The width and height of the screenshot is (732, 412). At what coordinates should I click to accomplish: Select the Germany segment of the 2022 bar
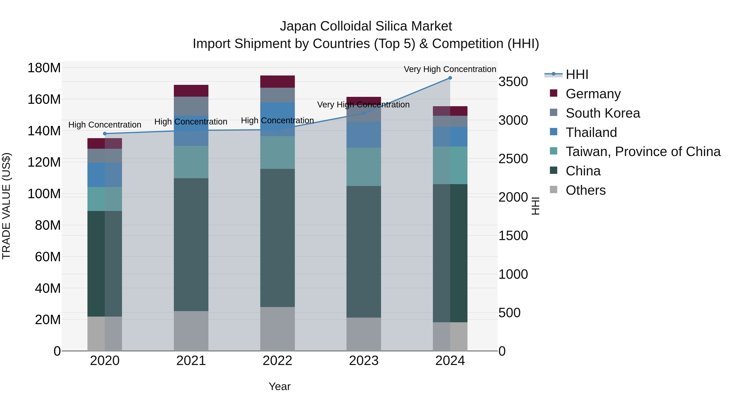pos(277,82)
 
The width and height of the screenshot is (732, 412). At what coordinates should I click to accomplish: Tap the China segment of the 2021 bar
pos(191,245)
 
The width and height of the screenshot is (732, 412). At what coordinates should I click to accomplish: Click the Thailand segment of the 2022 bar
pos(277,119)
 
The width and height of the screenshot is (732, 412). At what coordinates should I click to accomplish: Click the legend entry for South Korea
pos(602,113)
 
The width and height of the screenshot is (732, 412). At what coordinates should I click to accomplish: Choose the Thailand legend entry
pos(591,132)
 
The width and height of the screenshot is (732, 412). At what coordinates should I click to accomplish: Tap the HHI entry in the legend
pos(577,74)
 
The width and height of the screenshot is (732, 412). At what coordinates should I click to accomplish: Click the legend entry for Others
pos(585,190)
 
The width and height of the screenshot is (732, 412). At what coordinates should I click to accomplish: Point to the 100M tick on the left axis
pos(44,194)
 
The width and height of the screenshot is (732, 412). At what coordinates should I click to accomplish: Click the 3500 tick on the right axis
pos(513,82)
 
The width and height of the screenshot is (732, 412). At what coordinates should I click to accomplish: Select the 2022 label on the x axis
pos(277,361)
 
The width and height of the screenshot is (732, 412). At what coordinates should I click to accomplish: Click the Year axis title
pos(280,386)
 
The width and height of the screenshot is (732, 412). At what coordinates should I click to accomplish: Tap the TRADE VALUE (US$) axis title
pos(6,206)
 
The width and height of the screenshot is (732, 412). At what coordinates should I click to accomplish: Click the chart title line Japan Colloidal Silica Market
pos(366,26)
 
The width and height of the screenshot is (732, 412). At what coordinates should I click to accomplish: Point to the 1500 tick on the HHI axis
pos(513,236)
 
